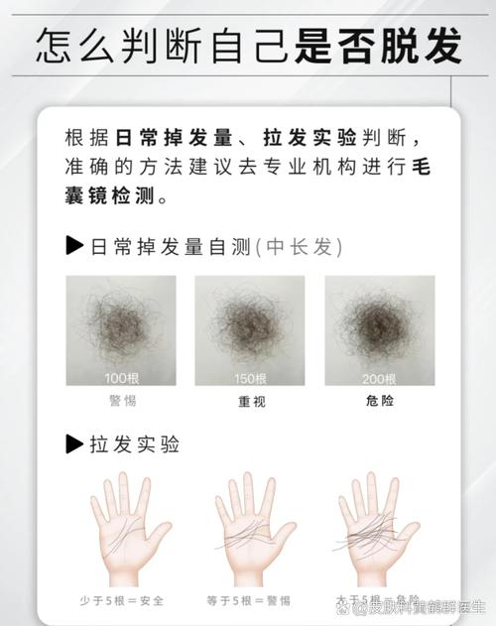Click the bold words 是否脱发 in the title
pyautogui.click(x=379, y=45)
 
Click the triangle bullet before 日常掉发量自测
pyautogui.click(x=74, y=246)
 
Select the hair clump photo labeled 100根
pyautogui.click(x=121, y=330)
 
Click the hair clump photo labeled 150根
pyautogui.click(x=250, y=330)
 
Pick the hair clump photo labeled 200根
pyautogui.click(x=379, y=330)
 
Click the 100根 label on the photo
pyautogui.click(x=122, y=378)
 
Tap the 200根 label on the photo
pyautogui.click(x=379, y=378)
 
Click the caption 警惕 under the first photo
pyautogui.click(x=122, y=401)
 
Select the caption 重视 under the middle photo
pyautogui.click(x=251, y=402)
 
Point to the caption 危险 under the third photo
pyautogui.click(x=379, y=401)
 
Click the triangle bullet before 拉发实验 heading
pyautogui.click(x=74, y=443)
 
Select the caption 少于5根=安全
pyautogui.click(x=122, y=600)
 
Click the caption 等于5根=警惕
pyautogui.click(x=250, y=600)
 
